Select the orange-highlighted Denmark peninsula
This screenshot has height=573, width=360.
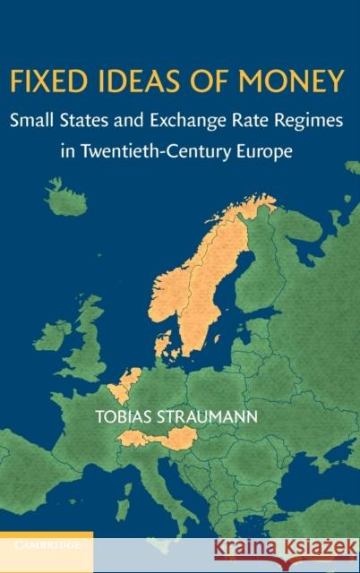tap(163, 341)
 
